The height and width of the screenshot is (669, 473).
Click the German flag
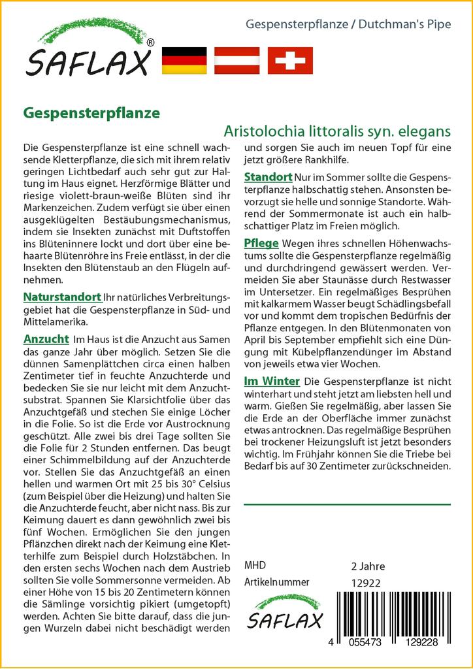[x=184, y=61]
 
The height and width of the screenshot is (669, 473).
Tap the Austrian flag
[x=238, y=61]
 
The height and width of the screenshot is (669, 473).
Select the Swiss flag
[x=290, y=61]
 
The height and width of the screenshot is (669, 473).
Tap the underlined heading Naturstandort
[x=62, y=297]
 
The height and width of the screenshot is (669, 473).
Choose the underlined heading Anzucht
[x=46, y=339]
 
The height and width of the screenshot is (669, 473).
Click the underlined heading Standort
[x=268, y=177]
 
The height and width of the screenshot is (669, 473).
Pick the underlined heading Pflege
[x=261, y=244]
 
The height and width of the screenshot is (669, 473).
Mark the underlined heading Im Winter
[x=272, y=381]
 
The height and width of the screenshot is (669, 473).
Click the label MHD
[x=255, y=566]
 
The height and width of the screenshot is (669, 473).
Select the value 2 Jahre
[x=368, y=566]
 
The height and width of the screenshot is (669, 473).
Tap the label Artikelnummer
[x=276, y=582]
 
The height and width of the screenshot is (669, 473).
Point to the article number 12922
[x=366, y=583]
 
